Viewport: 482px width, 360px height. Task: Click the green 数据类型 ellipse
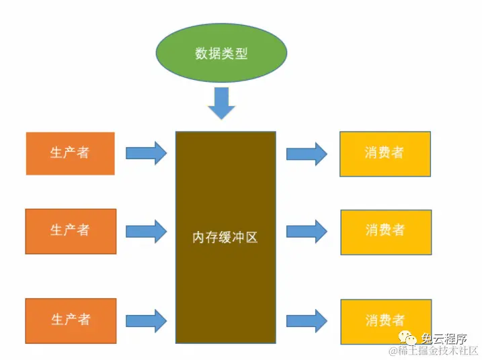click(221, 53)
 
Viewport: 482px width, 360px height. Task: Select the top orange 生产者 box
click(70, 153)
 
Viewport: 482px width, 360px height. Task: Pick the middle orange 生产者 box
click(71, 231)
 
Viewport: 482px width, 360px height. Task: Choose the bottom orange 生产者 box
click(71, 320)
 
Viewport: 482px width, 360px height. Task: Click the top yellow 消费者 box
click(385, 154)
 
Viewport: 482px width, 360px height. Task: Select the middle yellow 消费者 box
click(385, 232)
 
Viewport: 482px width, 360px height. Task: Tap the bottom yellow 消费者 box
click(385, 321)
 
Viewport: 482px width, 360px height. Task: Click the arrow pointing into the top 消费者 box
click(307, 154)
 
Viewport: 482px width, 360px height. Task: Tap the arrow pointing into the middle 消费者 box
click(307, 232)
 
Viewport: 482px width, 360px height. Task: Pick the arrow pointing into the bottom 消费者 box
click(307, 321)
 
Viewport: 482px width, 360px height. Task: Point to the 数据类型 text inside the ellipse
click(221, 54)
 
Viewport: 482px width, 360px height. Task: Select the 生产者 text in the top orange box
click(69, 153)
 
